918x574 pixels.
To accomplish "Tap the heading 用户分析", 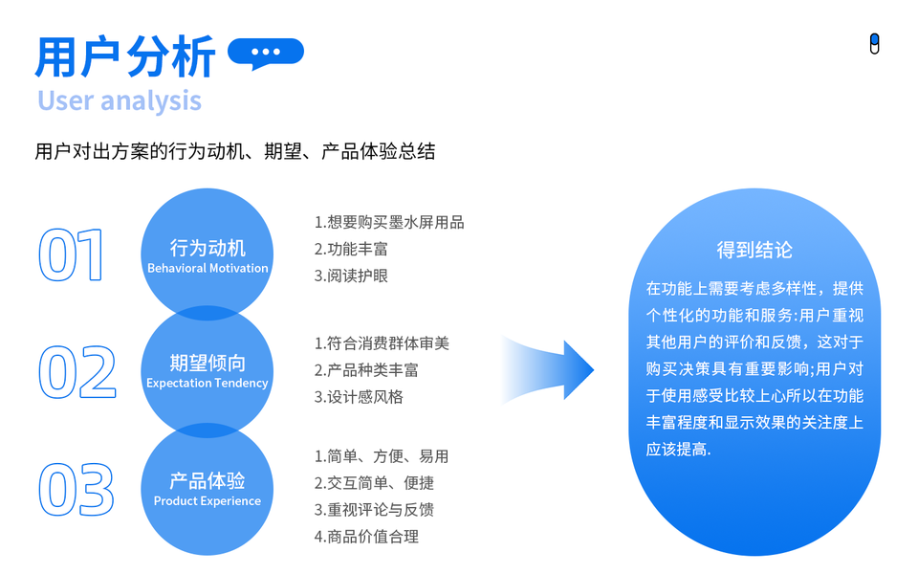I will tap(124, 56).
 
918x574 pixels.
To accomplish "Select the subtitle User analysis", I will tap(120, 100).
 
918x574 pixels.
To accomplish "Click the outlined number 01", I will tap(72, 255).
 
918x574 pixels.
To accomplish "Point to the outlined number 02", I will tap(76, 372).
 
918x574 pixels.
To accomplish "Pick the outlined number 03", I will tap(76, 489).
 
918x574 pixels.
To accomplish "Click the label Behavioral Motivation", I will tap(208, 269).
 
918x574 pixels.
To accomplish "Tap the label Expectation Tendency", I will tap(208, 384).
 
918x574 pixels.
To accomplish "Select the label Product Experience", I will tap(208, 501).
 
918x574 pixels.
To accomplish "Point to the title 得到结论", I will tap(754, 251).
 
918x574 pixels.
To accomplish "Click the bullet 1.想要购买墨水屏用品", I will tap(389, 222).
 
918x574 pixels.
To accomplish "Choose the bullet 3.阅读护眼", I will tap(351, 276).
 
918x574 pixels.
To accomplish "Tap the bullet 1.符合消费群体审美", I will tap(382, 342).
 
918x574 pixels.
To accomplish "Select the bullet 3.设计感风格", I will tap(359, 396).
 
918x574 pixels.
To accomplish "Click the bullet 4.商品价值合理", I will tap(366, 537).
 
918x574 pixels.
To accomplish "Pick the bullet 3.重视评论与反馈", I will tap(374, 510).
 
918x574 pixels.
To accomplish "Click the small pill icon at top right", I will tap(874, 44).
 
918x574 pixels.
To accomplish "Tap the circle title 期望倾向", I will tap(208, 364).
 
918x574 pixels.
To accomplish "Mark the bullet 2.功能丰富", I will tap(351, 249).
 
